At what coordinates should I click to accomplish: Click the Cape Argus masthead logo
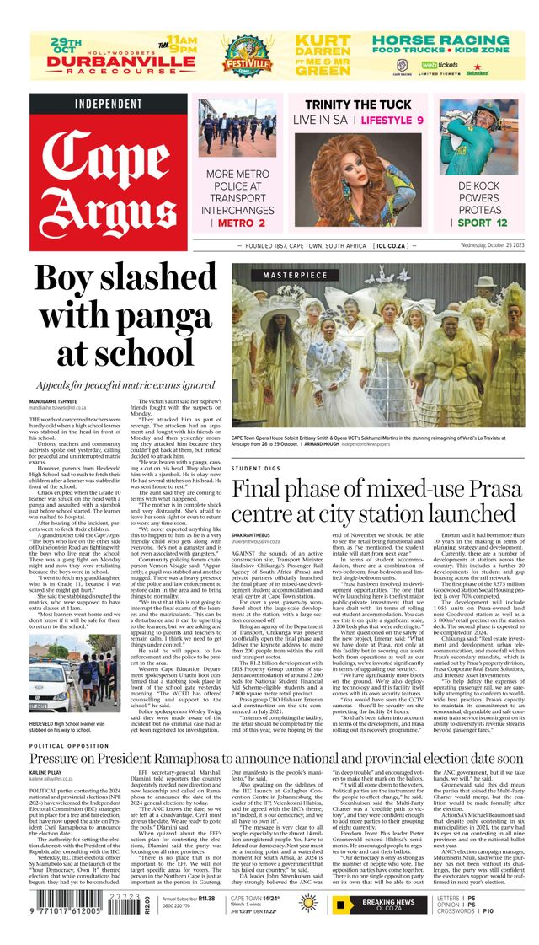tap(109, 180)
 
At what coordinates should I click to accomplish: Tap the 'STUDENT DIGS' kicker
tap(256, 468)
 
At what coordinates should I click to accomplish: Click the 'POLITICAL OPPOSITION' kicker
tap(72, 746)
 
